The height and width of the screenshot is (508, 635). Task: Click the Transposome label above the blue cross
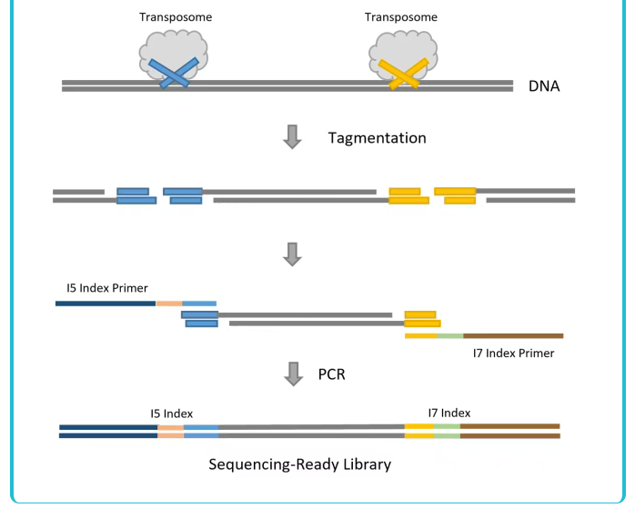(x=175, y=17)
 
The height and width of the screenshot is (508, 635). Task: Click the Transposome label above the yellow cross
(x=400, y=17)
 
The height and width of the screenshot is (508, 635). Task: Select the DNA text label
(x=544, y=87)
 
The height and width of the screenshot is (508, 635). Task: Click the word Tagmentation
(x=377, y=138)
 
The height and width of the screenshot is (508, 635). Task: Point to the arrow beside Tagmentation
(x=292, y=137)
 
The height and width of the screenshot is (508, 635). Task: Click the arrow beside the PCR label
(x=292, y=373)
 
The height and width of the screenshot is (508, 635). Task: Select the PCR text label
(x=331, y=373)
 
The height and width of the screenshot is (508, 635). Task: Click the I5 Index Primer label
(x=107, y=288)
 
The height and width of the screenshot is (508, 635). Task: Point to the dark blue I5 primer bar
(x=106, y=303)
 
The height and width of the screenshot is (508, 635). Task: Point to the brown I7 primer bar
(x=513, y=335)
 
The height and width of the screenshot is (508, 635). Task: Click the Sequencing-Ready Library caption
(x=300, y=464)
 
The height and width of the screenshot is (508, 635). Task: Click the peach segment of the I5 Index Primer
(x=169, y=303)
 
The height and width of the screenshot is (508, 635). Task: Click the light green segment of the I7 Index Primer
(x=450, y=335)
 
